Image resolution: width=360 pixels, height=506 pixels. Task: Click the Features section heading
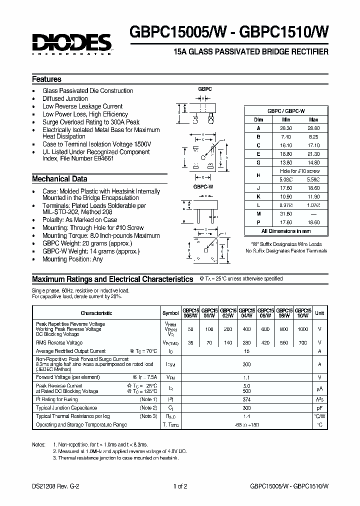pyautogui.click(x=46, y=79)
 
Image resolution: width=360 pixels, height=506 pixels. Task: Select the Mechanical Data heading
pyautogui.click(x=59, y=178)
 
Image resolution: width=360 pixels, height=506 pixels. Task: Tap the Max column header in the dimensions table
pyautogui.click(x=313, y=120)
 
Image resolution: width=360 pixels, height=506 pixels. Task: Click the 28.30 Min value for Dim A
pyautogui.click(x=286, y=128)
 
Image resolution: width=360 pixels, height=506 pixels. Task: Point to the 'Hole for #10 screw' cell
pyautogui.click(x=299, y=171)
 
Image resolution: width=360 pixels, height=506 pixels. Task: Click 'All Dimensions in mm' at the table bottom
pyautogui.click(x=286, y=231)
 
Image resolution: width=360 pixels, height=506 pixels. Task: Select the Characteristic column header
pyautogui.click(x=96, y=313)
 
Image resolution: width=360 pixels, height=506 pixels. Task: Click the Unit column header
pyautogui.click(x=319, y=313)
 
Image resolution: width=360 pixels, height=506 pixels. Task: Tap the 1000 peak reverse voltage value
pyautogui.click(x=302, y=329)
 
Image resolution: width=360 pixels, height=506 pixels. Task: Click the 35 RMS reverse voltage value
pyautogui.click(x=189, y=343)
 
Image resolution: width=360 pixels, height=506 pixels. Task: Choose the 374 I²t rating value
pyautogui.click(x=246, y=399)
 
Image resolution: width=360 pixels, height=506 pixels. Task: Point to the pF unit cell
pyautogui.click(x=319, y=408)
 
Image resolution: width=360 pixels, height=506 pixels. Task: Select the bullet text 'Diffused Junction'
pyautogui.click(x=65, y=98)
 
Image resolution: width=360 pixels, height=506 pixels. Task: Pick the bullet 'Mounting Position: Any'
pyautogui.click(x=72, y=259)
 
